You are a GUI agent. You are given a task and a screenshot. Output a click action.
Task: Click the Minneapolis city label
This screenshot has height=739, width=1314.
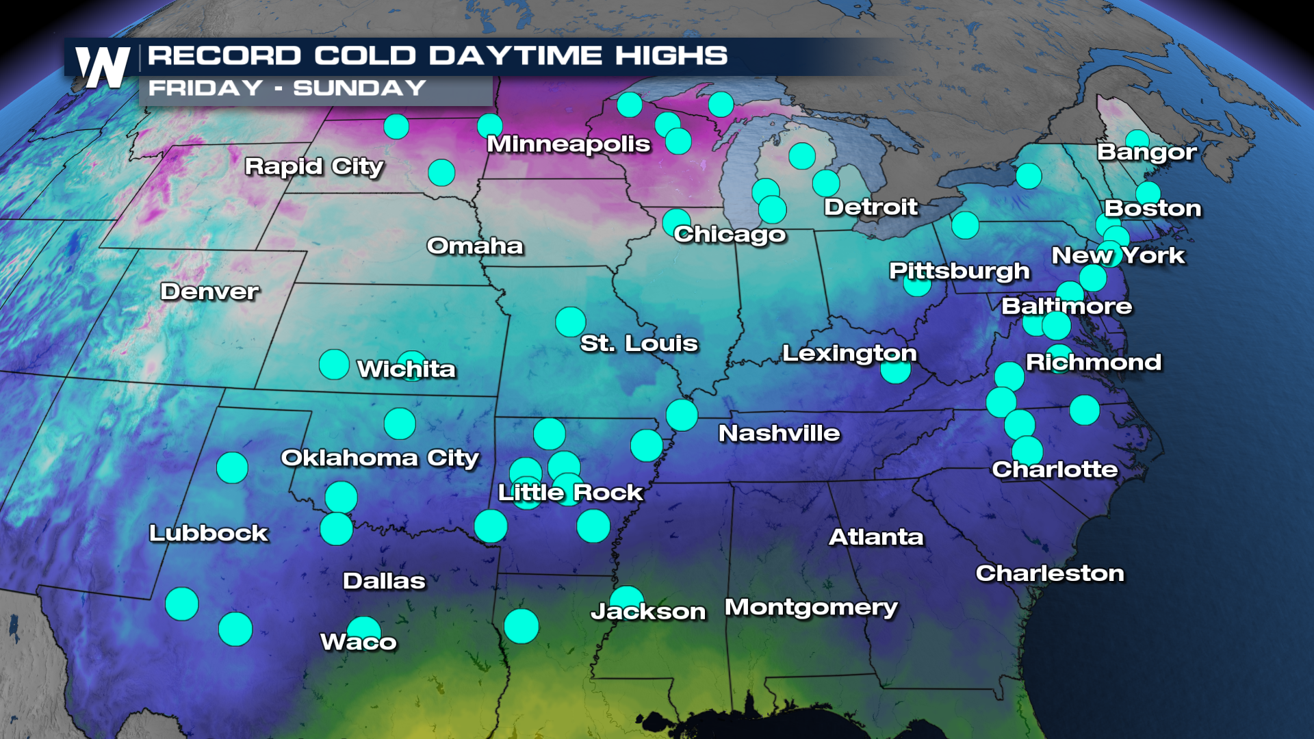click(x=568, y=144)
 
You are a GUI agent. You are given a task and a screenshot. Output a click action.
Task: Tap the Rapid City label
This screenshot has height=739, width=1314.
click(x=314, y=166)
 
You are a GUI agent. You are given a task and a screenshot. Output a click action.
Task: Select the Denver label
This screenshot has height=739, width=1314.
click(x=209, y=291)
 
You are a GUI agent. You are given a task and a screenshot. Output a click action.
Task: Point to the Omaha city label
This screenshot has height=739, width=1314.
click(x=475, y=246)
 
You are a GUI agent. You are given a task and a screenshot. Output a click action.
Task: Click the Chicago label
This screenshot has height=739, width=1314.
click(x=730, y=234)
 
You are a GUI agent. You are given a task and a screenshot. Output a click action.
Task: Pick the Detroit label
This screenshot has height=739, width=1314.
click(x=871, y=207)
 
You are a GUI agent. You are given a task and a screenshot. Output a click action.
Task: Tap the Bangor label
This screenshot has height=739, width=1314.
click(x=1147, y=152)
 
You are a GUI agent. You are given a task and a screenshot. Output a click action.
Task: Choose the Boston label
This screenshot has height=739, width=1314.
click(x=1152, y=208)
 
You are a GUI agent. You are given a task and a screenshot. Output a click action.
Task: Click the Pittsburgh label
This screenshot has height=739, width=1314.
click(x=959, y=271)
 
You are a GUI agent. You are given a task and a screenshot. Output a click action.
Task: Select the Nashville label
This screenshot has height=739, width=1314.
click(x=779, y=433)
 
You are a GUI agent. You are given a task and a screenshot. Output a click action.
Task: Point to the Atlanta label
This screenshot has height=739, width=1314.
click(x=876, y=537)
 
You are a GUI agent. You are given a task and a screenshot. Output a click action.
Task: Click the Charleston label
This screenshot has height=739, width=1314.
click(x=1050, y=573)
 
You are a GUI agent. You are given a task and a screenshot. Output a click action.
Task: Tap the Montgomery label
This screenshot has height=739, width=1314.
click(x=811, y=608)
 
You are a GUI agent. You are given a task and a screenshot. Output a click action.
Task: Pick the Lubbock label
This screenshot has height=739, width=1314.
click(x=209, y=533)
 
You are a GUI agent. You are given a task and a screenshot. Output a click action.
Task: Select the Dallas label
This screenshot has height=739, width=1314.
click(x=384, y=581)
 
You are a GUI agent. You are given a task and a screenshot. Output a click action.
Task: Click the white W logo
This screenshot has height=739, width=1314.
click(x=103, y=67)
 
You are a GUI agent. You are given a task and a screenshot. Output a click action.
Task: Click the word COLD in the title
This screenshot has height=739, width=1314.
click(x=365, y=55)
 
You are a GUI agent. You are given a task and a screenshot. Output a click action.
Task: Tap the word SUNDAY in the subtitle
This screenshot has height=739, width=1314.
click(x=360, y=88)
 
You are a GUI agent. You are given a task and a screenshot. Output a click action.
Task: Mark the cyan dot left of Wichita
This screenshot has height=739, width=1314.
click(x=334, y=364)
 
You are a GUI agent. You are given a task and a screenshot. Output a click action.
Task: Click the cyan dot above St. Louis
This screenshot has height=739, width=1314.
click(x=571, y=322)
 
